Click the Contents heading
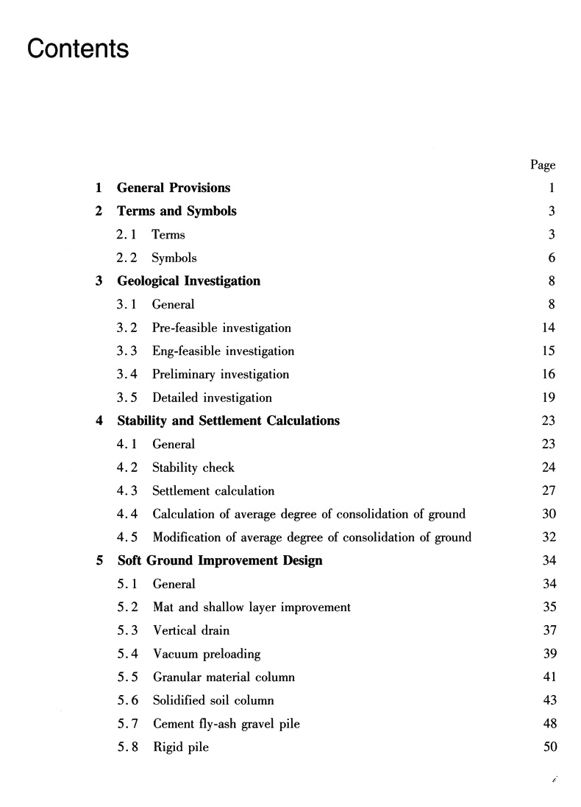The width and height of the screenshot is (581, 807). click(78, 49)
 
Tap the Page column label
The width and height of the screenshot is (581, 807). click(543, 165)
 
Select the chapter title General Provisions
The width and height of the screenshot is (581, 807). click(174, 188)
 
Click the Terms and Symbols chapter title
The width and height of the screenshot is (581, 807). click(177, 211)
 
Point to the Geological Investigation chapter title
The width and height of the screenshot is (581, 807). click(188, 281)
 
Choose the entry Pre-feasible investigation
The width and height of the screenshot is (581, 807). click(221, 328)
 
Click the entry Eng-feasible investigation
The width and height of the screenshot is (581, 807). click(223, 351)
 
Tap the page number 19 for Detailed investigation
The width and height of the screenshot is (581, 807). click(549, 398)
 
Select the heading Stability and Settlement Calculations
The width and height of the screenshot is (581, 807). click(228, 421)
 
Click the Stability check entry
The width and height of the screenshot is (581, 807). click(193, 468)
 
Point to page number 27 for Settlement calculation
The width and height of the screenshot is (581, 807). click(549, 491)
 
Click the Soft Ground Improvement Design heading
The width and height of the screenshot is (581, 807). click(220, 561)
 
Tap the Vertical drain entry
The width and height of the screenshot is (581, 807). click(191, 631)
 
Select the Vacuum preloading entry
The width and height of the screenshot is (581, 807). click(207, 654)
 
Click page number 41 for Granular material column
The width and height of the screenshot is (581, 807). click(549, 677)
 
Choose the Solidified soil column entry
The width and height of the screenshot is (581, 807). click(213, 701)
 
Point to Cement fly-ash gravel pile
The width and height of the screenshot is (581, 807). click(227, 724)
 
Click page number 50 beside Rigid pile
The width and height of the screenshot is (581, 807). click(549, 747)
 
